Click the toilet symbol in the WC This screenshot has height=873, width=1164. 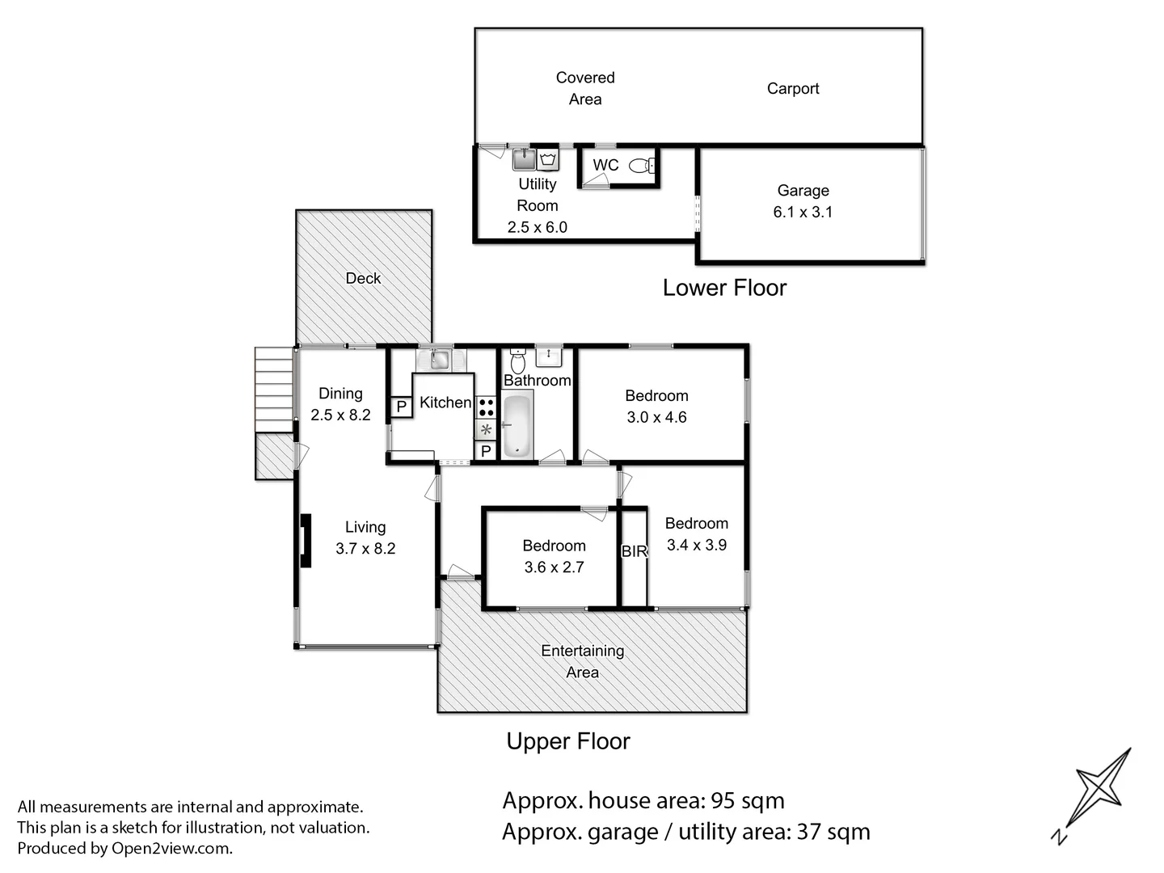[642, 166]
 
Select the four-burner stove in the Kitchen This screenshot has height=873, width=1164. [487, 408]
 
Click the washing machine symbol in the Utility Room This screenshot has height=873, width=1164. [548, 159]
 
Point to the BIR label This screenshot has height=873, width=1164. [635, 551]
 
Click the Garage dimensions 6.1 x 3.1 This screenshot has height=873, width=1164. [803, 212]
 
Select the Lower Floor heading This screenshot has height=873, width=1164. [724, 288]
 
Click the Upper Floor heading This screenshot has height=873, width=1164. [568, 741]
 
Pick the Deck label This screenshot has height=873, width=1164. [363, 278]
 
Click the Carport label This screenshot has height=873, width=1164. [793, 89]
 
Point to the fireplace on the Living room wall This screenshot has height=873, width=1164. [306, 541]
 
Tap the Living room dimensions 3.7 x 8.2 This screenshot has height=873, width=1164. [365, 548]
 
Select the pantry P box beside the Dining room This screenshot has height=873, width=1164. [402, 407]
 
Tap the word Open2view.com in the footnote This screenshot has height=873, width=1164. [171, 848]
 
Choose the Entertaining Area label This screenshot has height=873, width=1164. [582, 661]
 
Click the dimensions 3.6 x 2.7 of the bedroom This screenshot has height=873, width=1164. [555, 567]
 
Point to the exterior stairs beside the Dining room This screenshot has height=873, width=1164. [274, 390]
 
